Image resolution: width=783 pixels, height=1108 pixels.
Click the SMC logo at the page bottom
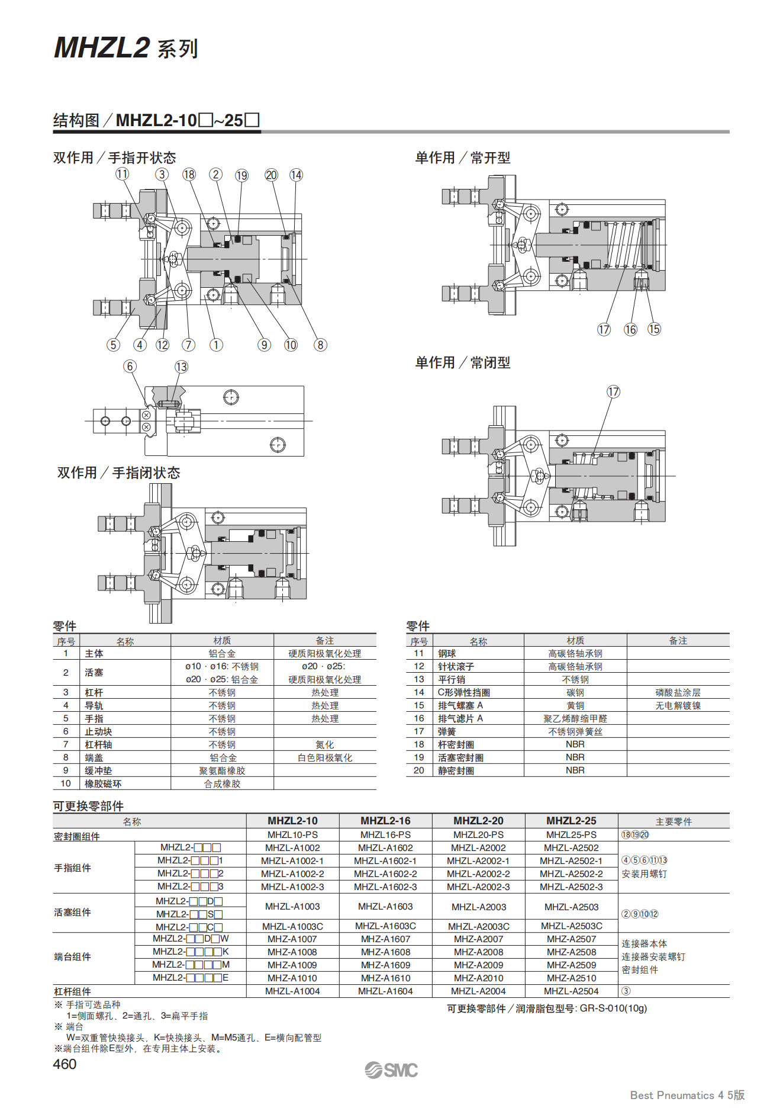point(391,1070)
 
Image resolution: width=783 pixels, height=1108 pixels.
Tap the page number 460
point(65,1064)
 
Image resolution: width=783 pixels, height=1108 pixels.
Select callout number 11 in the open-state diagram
point(122,174)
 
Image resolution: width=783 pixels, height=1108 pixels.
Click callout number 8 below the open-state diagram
point(320,345)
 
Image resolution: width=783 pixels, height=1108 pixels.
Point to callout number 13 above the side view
point(181,367)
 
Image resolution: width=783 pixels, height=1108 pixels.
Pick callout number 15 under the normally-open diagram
point(654,329)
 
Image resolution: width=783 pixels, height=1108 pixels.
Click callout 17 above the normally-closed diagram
point(613,391)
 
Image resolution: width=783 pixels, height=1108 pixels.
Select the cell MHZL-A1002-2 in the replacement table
point(292,873)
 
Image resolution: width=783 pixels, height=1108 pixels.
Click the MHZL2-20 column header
point(478,821)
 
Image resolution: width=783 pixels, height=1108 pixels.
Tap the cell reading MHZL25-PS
point(571,834)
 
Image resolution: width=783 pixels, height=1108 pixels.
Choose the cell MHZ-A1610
point(385,978)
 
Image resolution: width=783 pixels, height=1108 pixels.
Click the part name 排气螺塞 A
point(460,705)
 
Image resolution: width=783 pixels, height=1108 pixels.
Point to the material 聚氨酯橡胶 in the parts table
point(222,770)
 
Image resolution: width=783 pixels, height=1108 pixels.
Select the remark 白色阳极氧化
point(325,757)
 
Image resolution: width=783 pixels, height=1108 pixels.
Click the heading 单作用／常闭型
point(463,362)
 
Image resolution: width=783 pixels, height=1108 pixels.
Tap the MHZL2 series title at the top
point(126,47)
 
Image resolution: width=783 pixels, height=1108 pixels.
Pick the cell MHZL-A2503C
point(571,926)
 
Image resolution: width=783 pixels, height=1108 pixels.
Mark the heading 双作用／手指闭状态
point(118,473)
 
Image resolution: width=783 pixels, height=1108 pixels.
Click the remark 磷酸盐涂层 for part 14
point(678,692)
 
